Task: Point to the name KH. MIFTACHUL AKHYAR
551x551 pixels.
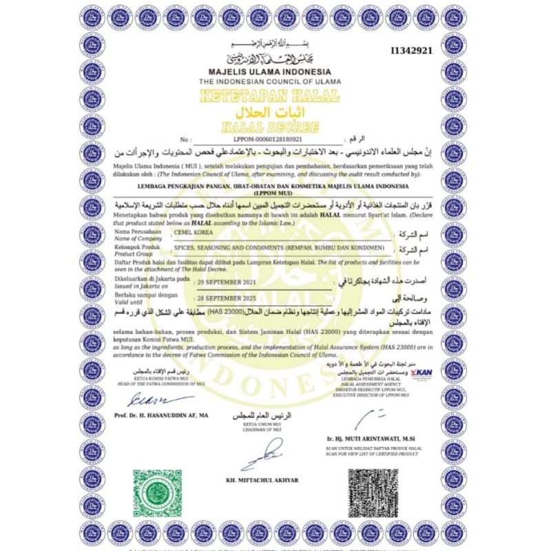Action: point(267,479)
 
